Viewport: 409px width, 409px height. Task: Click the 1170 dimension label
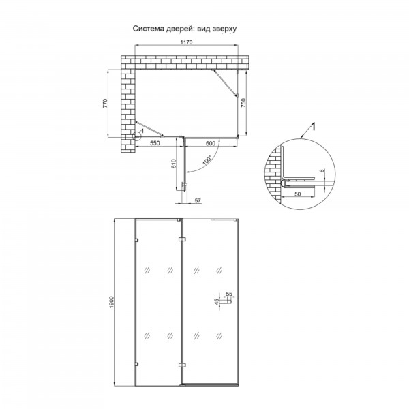click(x=187, y=42)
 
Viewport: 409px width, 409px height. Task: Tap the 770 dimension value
click(x=105, y=104)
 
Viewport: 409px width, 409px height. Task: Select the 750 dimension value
click(x=243, y=103)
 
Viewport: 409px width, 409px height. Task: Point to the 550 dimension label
click(x=155, y=143)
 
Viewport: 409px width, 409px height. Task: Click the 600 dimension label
click(x=211, y=143)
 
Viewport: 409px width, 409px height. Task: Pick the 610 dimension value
click(x=174, y=164)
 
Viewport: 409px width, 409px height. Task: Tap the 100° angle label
click(x=207, y=160)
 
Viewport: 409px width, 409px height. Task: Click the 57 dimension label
click(x=198, y=200)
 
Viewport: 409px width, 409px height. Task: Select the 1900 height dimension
click(x=112, y=302)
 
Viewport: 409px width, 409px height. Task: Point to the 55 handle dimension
click(x=229, y=294)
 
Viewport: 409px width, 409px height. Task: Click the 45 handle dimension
click(x=217, y=301)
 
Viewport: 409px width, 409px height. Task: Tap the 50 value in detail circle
click(x=297, y=194)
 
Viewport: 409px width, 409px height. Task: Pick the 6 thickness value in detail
click(x=322, y=171)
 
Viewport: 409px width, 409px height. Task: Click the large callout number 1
click(x=314, y=127)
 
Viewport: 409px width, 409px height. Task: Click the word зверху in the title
click(x=224, y=29)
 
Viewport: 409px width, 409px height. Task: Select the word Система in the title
click(x=149, y=29)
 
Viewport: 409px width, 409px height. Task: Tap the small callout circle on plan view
click(x=136, y=136)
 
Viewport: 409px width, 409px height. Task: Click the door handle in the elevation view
click(x=226, y=301)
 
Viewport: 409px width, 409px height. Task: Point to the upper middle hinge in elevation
click(x=182, y=239)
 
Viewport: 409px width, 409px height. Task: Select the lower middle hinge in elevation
click(x=182, y=365)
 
